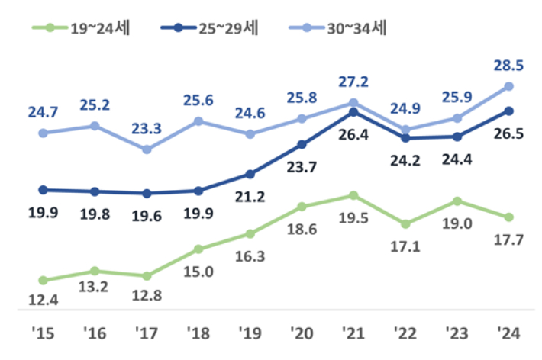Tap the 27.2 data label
pyautogui.click(x=353, y=81)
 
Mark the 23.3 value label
pyautogui.click(x=146, y=128)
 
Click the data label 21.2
pyautogui.click(x=250, y=197)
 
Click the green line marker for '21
pyautogui.click(x=353, y=195)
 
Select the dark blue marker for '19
pyautogui.click(x=250, y=174)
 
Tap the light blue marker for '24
pyautogui.click(x=508, y=86)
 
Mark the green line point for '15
pyautogui.click(x=43, y=281)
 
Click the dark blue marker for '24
pyautogui.click(x=508, y=111)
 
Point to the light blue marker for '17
pyautogui.click(x=146, y=149)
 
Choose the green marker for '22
pyautogui.click(x=405, y=224)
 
